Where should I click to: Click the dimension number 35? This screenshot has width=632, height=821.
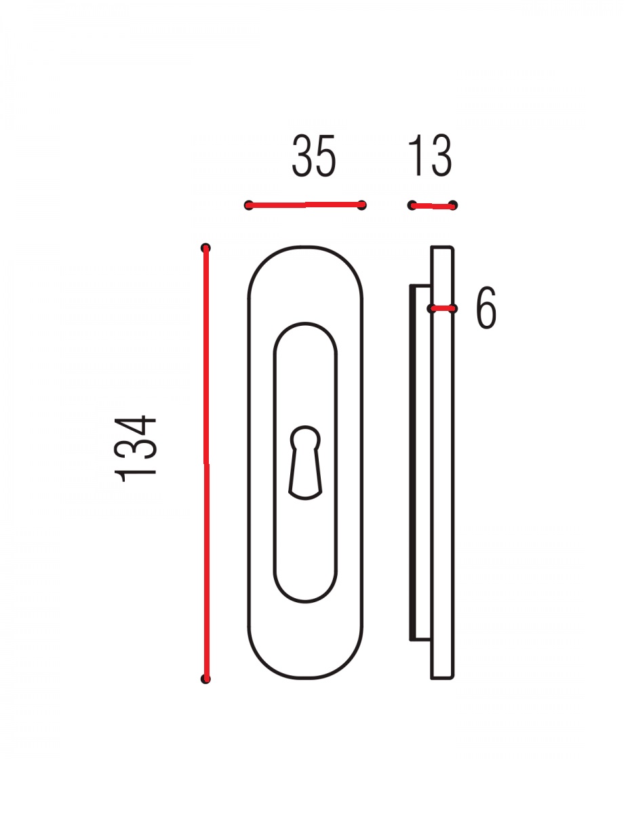pyautogui.click(x=314, y=155)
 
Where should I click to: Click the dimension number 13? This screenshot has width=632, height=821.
pyautogui.click(x=430, y=155)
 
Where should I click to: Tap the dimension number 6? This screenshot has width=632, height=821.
pyautogui.click(x=486, y=308)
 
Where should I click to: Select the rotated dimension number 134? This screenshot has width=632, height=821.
pyautogui.click(x=135, y=449)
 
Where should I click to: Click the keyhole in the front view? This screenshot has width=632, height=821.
pyautogui.click(x=305, y=463)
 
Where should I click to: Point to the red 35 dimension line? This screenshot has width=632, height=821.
pyautogui.click(x=305, y=205)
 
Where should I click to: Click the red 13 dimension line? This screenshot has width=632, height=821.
pyautogui.click(x=433, y=205)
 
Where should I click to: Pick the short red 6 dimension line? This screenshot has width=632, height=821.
pyautogui.click(x=442, y=309)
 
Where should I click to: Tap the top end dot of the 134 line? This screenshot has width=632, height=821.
pyautogui.click(x=205, y=248)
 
